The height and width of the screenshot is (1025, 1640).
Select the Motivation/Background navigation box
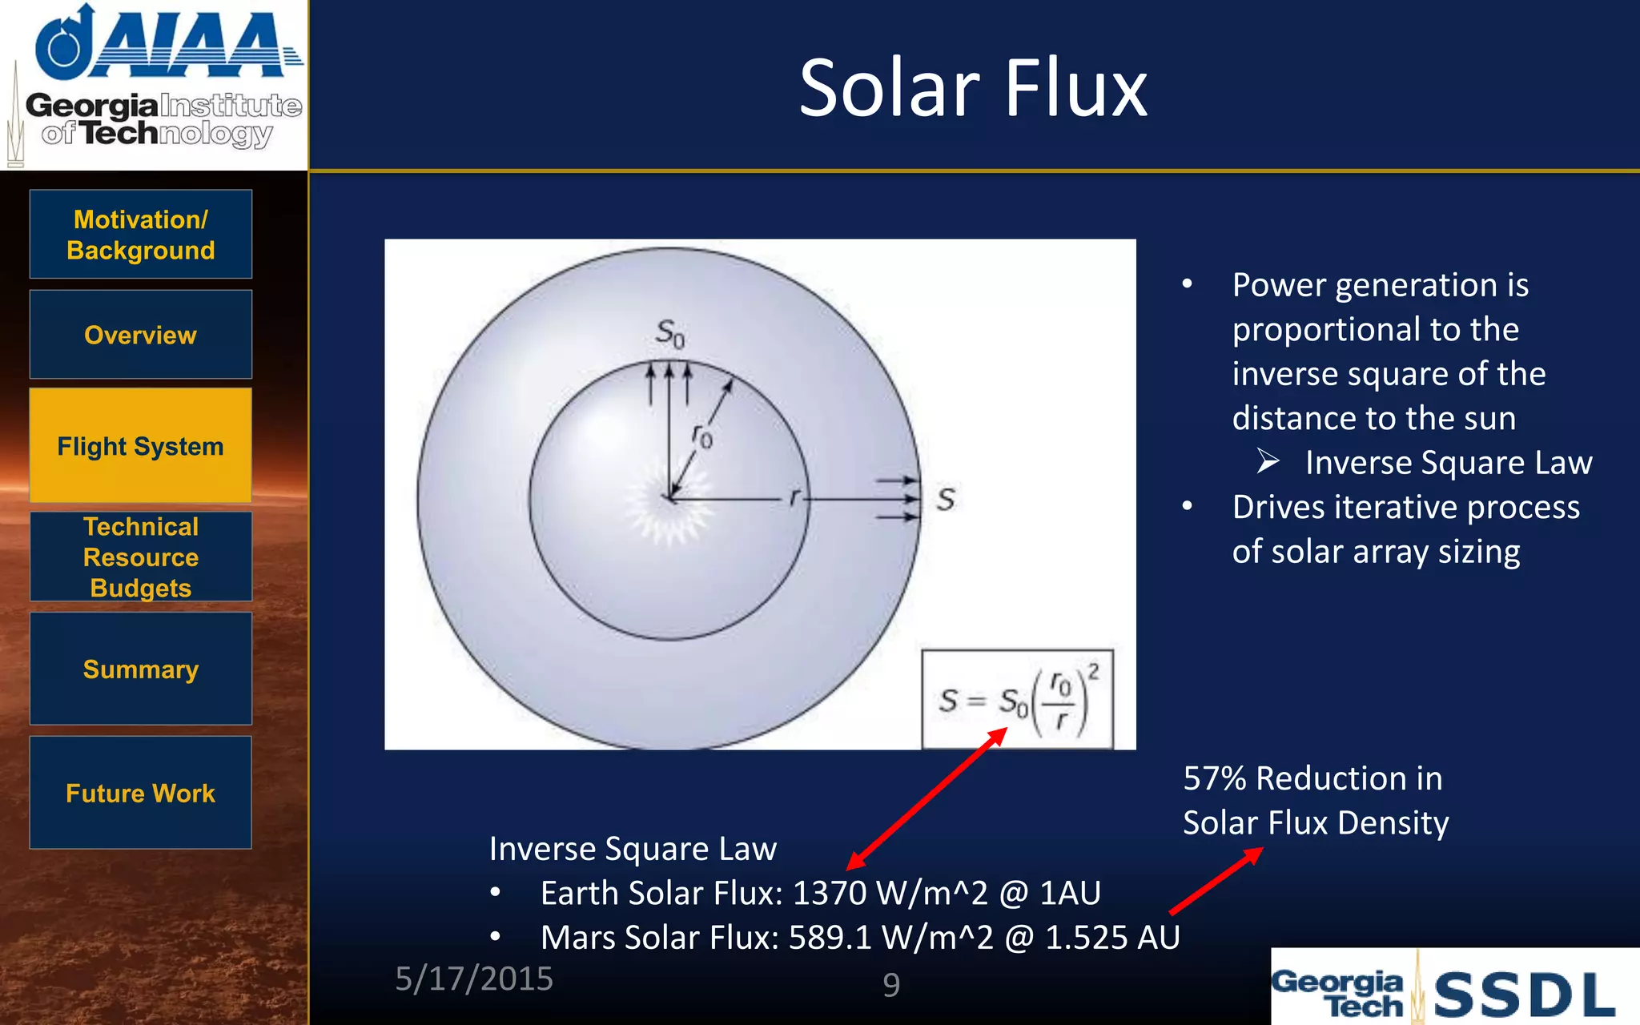click(x=141, y=234)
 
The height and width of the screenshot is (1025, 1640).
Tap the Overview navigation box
click(x=141, y=335)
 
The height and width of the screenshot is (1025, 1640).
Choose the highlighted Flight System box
click(x=141, y=446)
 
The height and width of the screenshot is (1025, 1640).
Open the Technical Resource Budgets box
click(x=141, y=557)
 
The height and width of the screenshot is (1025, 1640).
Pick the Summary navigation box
click(x=141, y=669)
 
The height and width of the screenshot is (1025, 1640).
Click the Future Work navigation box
click(x=141, y=793)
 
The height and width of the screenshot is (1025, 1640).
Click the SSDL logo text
click(x=1524, y=995)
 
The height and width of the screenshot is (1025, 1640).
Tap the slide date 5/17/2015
click(x=474, y=979)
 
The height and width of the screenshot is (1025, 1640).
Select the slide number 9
click(x=891, y=984)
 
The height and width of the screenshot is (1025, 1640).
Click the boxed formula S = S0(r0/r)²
click(x=1017, y=700)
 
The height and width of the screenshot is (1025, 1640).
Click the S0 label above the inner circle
click(x=670, y=332)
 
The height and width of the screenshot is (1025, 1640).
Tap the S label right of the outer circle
click(x=946, y=500)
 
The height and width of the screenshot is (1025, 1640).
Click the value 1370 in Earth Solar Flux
click(x=829, y=893)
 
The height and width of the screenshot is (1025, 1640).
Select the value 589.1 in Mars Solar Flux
click(x=830, y=938)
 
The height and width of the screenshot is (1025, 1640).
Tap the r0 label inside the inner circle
click(x=701, y=436)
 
